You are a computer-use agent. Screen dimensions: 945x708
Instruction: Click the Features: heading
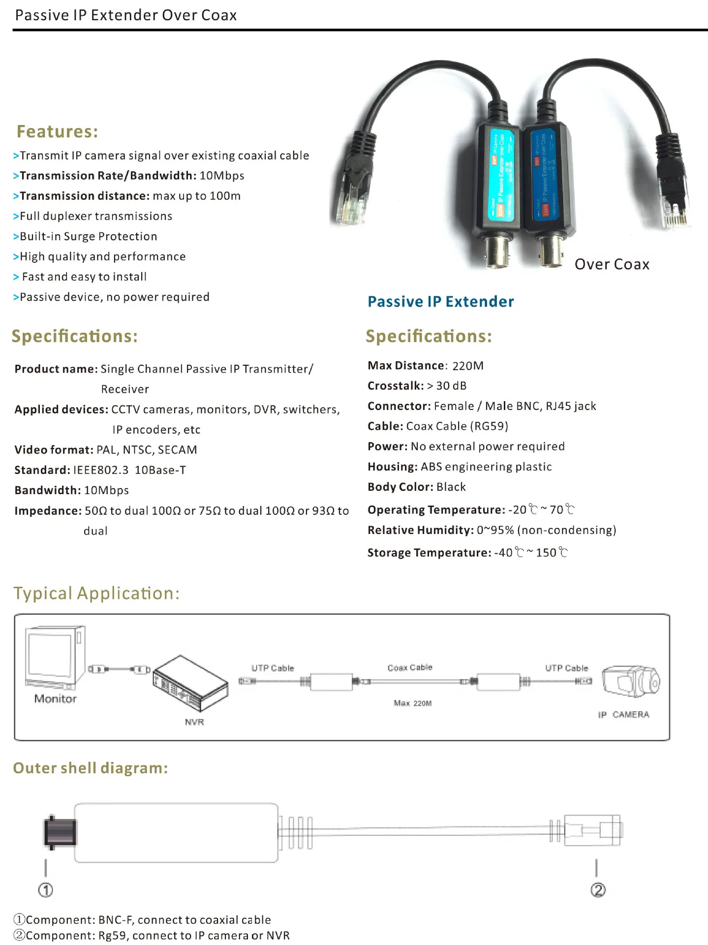pyautogui.click(x=57, y=131)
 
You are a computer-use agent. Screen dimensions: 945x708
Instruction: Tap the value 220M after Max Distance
pyautogui.click(x=468, y=366)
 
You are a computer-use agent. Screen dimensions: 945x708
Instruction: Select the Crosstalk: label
pyautogui.click(x=396, y=386)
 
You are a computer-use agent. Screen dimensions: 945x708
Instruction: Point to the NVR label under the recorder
pyautogui.click(x=194, y=722)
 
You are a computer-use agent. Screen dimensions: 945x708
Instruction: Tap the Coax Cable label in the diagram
pyautogui.click(x=410, y=667)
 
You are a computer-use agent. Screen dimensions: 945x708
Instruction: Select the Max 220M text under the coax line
pyautogui.click(x=413, y=703)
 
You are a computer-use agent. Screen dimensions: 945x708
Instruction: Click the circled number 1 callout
pyautogui.click(x=46, y=890)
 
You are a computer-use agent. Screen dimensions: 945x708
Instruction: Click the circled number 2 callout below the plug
pyautogui.click(x=598, y=890)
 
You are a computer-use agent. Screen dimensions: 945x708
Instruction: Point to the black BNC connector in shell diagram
pyautogui.click(x=60, y=831)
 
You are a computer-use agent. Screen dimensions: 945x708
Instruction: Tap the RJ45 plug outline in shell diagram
pyautogui.click(x=593, y=831)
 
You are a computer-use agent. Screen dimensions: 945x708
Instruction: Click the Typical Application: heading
pyautogui.click(x=96, y=594)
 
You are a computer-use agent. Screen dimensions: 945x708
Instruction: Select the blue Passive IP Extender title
pyautogui.click(x=441, y=302)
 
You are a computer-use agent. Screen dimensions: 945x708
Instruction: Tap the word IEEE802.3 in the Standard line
pyautogui.click(x=101, y=470)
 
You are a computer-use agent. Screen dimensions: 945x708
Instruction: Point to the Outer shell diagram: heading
pyautogui.click(x=91, y=768)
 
